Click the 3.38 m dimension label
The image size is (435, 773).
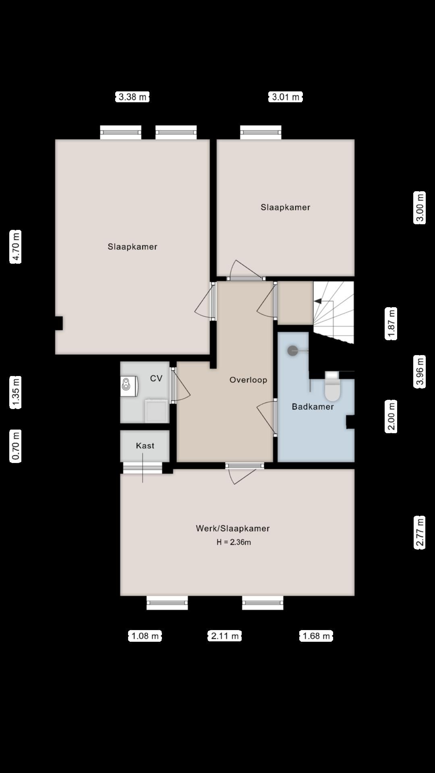[x=133, y=97]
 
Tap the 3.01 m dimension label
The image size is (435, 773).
[x=286, y=97]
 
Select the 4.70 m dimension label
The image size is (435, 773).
[x=16, y=247]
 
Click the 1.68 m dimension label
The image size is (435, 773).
[x=316, y=636]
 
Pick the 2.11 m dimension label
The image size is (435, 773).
[x=225, y=636]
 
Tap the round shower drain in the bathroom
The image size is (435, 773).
[x=293, y=351]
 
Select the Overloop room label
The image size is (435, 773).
[x=248, y=380]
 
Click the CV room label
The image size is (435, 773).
[x=156, y=378]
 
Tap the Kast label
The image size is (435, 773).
[x=145, y=446]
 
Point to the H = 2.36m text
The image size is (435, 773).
[x=234, y=542]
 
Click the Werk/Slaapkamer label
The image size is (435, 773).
[x=233, y=529]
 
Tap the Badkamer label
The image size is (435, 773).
[x=313, y=407]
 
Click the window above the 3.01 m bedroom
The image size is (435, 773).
[x=261, y=132]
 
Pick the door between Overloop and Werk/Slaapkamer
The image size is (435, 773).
[x=244, y=466]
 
